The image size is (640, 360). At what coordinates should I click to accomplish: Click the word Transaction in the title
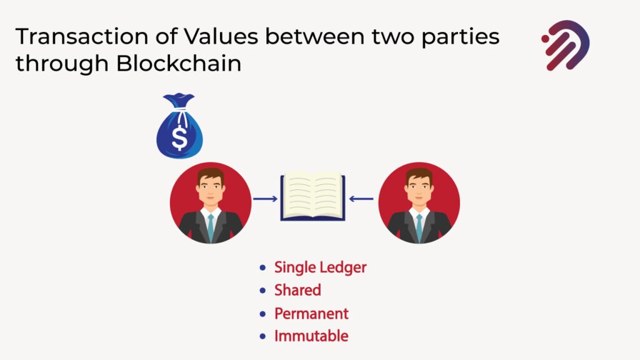(82, 36)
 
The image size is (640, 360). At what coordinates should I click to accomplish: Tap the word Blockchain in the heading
(179, 64)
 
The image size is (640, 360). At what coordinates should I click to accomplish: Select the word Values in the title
(221, 36)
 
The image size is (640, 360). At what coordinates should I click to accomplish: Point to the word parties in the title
(461, 38)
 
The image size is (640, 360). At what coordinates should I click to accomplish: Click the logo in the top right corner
(566, 45)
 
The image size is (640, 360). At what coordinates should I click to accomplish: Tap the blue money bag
(179, 126)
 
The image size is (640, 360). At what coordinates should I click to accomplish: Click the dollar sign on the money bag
(179, 137)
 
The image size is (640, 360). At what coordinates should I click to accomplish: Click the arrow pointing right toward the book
(265, 199)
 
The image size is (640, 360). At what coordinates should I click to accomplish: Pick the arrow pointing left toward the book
(361, 199)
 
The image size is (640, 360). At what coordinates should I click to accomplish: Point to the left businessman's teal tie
(211, 227)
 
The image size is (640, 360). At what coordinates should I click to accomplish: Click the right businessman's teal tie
(419, 227)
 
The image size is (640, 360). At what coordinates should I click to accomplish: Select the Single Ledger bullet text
(321, 267)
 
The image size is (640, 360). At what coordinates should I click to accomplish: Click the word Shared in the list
(297, 290)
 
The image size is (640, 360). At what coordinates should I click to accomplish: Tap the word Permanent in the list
(311, 314)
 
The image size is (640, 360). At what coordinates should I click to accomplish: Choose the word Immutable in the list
(311, 336)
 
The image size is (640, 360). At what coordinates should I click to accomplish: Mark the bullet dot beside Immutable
(262, 336)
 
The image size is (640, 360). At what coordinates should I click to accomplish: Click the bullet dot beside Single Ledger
(262, 267)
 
